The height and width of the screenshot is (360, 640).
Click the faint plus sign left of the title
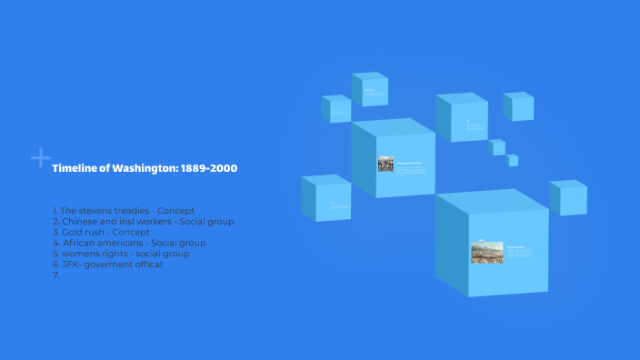(x=40, y=158)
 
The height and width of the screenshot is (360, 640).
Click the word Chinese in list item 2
(x=80, y=221)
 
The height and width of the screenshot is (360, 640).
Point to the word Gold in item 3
(x=71, y=232)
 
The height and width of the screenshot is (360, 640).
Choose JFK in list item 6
(x=69, y=265)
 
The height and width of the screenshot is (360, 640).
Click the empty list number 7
(x=55, y=275)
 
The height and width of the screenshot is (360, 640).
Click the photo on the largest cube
(x=486, y=252)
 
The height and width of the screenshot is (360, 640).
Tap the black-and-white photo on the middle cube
(x=385, y=164)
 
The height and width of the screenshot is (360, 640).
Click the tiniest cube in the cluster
(x=513, y=160)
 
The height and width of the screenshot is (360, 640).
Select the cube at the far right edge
(x=568, y=197)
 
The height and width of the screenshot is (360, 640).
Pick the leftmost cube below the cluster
(x=326, y=198)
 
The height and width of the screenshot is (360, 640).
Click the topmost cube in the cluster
(x=370, y=89)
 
